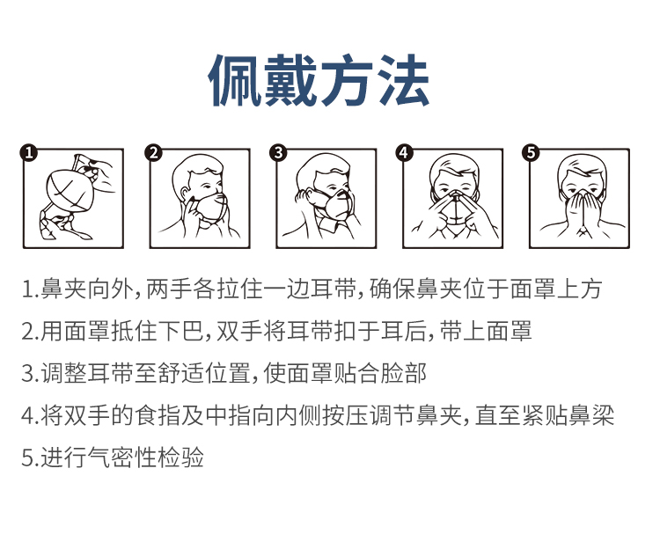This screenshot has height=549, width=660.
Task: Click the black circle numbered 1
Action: [29, 152]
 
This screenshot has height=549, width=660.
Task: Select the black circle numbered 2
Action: [154, 152]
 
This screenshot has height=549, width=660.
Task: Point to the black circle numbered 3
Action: [278, 152]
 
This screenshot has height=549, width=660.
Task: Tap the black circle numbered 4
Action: [404, 152]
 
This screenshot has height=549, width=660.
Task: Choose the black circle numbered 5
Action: [531, 152]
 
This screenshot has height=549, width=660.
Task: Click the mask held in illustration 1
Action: [70, 191]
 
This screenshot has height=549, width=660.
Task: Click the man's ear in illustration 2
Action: [186, 194]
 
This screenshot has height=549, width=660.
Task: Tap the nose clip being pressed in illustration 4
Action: [456, 195]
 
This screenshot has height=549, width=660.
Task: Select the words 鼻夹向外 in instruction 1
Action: [87, 289]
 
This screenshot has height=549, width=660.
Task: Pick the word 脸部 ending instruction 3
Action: [404, 373]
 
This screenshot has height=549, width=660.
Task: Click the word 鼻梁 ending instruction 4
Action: [591, 415]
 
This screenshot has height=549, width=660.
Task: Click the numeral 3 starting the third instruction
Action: [27, 374]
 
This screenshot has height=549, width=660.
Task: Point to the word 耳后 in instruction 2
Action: [403, 331]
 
